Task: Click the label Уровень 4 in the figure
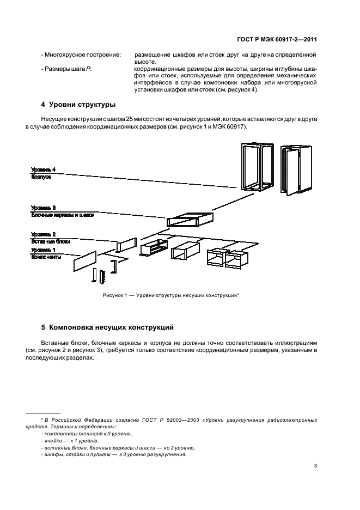tap(43, 169)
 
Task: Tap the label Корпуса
tap(40, 177)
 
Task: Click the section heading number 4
tap(43, 105)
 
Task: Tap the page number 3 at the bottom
tap(316, 465)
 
